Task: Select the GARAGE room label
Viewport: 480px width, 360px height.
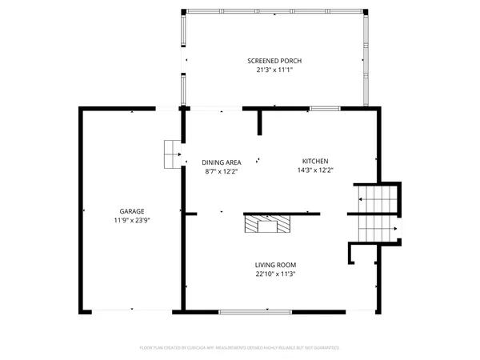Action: [132, 211]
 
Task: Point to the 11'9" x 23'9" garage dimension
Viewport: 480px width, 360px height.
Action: [132, 220]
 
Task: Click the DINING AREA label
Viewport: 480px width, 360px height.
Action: [222, 161]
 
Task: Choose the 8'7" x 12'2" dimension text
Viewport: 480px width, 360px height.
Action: [222, 170]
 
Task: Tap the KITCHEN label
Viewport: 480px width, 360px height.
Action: [314, 161]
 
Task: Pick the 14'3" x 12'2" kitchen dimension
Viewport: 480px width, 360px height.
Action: [314, 170]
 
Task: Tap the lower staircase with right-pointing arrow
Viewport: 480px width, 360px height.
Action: [377, 230]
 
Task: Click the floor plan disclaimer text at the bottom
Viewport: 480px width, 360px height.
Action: [240, 348]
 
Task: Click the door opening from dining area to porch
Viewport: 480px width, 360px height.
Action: [213, 108]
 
